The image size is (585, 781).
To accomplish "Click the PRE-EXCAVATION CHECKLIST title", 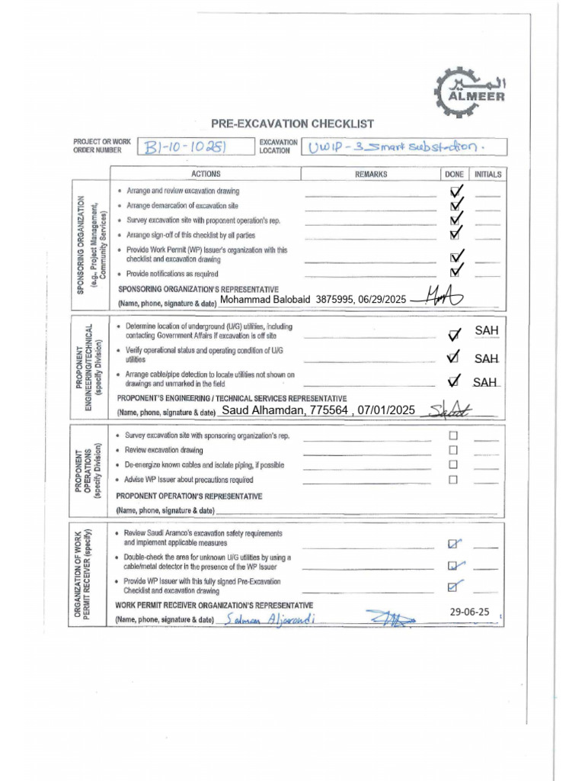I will tap(292, 124).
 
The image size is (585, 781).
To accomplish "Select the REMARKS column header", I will tap(371, 175).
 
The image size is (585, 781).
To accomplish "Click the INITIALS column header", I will tap(487, 175).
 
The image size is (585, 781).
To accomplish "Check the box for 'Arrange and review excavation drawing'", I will tap(456, 191).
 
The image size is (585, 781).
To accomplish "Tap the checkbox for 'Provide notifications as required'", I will tap(456, 272).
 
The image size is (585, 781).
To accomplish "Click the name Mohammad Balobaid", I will tap(265, 300).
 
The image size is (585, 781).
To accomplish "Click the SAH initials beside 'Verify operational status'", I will tap(486, 358).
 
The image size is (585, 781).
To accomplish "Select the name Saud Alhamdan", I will tap(263, 410).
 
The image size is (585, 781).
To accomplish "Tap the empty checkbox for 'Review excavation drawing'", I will tap(453, 450).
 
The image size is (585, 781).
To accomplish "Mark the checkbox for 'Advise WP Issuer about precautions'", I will tap(453, 480).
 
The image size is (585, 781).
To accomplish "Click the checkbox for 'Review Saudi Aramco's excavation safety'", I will tap(453, 544).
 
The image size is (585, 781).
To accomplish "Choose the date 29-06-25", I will tap(469, 612).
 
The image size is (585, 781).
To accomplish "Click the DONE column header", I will tap(454, 175).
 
